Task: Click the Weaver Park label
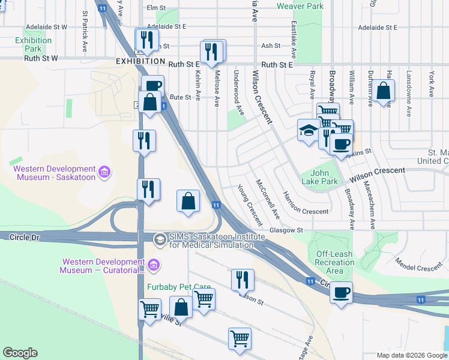pos(300,6)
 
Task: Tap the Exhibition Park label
pos(34,44)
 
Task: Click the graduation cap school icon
pos(309,130)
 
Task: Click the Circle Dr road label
pos(25,238)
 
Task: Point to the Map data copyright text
pos(412,355)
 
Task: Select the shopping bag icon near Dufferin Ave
pos(384,92)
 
